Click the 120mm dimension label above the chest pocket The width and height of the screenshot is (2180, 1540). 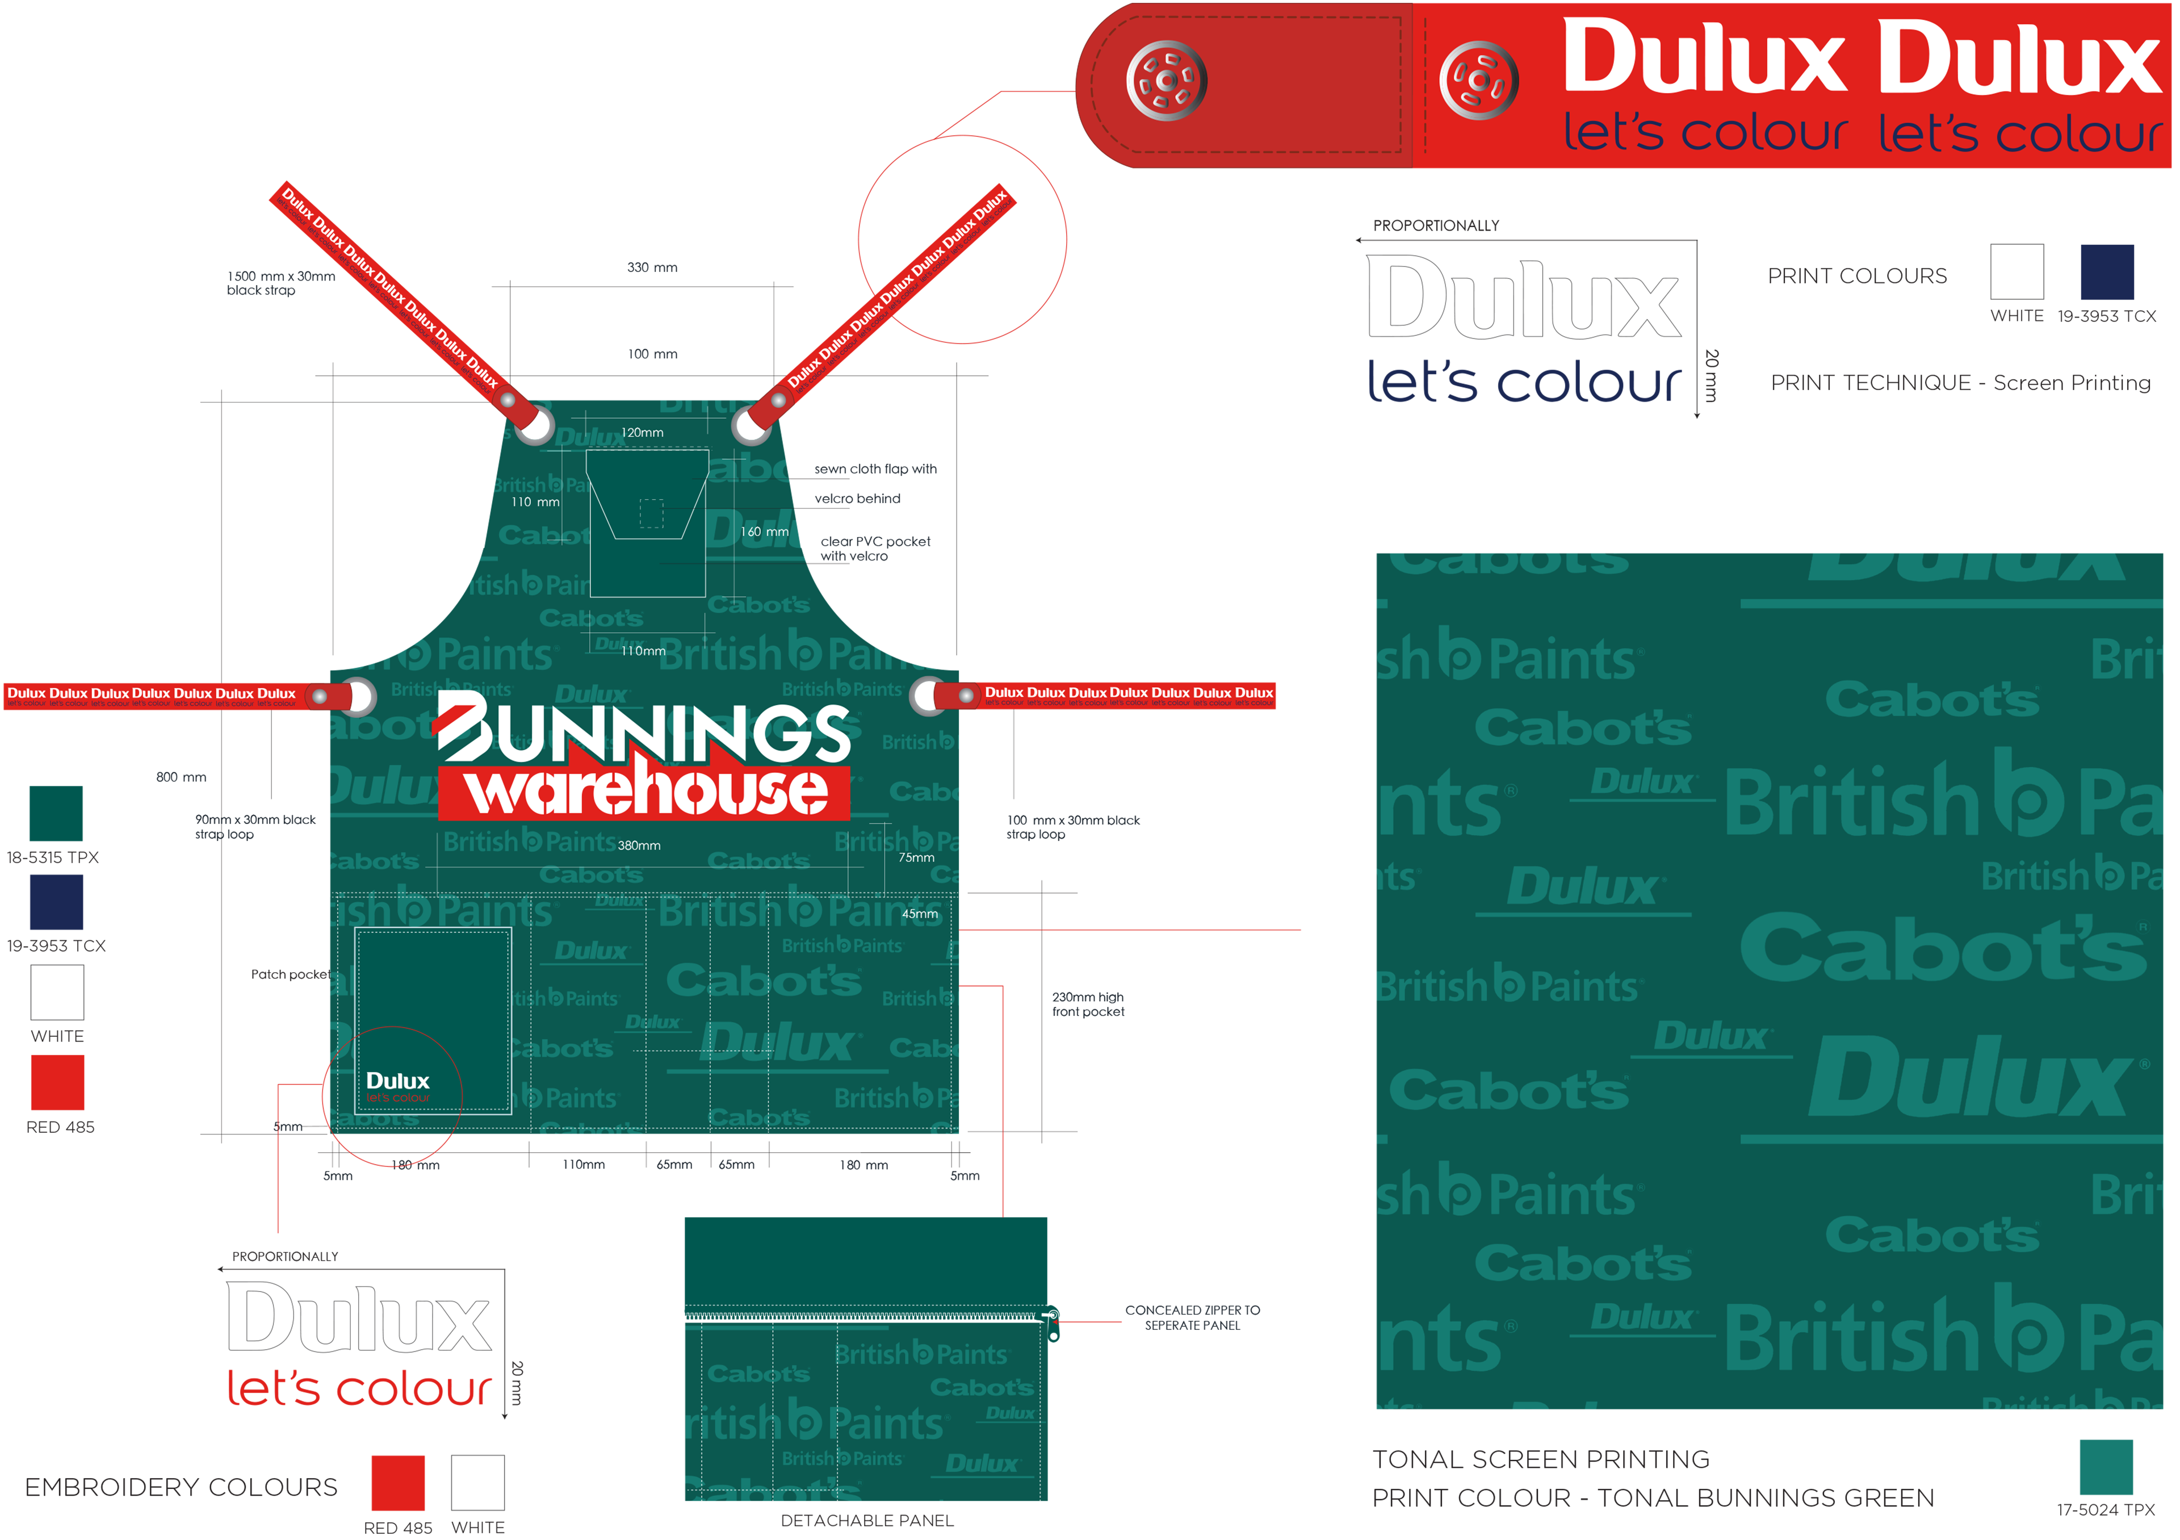642,433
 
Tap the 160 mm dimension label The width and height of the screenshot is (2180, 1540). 764,532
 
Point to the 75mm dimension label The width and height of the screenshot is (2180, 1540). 916,858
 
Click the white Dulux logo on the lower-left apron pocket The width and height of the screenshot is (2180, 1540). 398,1081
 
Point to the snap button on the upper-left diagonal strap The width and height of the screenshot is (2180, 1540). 509,400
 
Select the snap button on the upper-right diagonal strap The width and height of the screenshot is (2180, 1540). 778,401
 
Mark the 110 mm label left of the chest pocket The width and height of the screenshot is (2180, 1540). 535,502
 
